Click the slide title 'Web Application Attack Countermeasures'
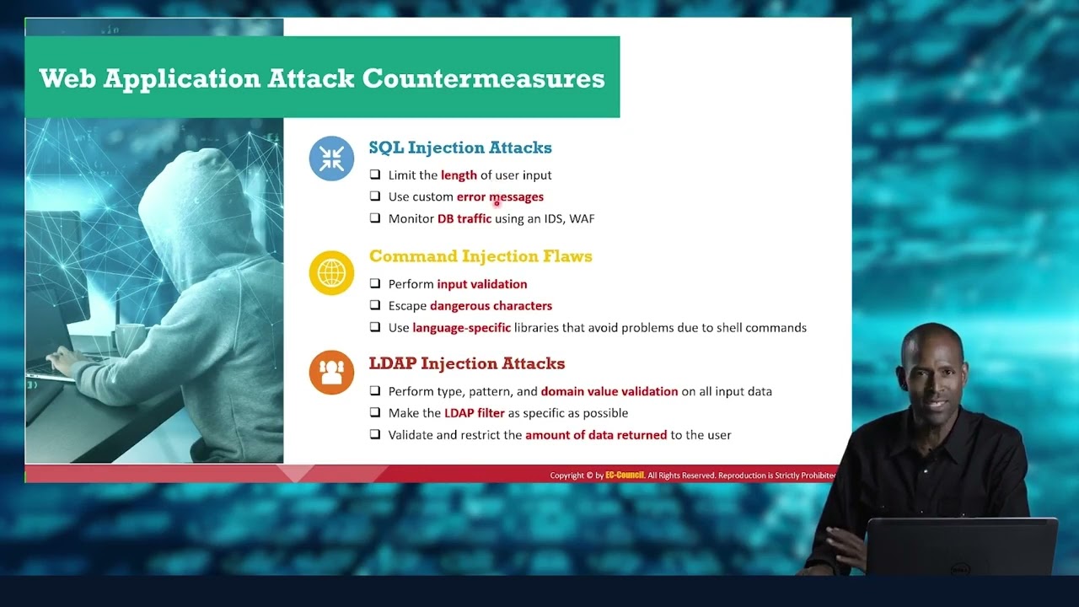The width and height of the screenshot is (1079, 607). point(321,78)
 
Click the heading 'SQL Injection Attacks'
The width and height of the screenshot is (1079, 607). point(460,148)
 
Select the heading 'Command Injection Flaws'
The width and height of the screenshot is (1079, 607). point(480,256)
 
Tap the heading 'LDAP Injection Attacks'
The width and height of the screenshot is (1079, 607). point(466,363)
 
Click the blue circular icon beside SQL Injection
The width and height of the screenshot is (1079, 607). point(331,158)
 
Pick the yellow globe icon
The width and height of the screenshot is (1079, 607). point(331,272)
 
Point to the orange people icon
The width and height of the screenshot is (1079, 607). point(331,373)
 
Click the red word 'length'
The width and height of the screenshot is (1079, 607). point(459,175)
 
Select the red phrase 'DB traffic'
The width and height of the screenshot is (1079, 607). point(464,218)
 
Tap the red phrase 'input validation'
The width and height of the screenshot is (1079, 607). point(481,284)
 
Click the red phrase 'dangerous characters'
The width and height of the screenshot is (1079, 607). point(491,306)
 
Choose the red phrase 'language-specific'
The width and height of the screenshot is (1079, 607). point(461,328)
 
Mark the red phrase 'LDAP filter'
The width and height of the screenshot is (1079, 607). point(474,413)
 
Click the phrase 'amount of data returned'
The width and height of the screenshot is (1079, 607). point(596,435)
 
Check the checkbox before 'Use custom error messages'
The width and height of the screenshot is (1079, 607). point(375,196)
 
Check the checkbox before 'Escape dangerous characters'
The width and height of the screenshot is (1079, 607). point(375,306)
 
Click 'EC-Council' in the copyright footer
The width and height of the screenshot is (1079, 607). point(625,475)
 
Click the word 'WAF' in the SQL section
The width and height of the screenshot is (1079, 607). point(582,218)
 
